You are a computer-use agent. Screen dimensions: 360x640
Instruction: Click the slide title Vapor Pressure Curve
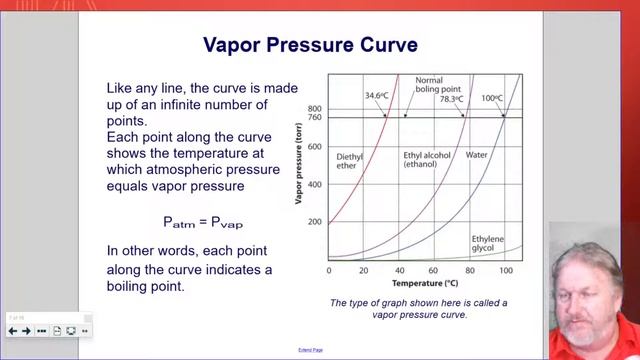tap(310, 45)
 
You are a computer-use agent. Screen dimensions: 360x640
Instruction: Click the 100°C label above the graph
tap(492, 98)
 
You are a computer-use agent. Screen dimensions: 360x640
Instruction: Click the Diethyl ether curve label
tap(349, 161)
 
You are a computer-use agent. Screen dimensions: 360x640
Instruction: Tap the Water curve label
tap(475, 155)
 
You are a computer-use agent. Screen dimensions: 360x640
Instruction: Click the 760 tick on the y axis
tap(316, 117)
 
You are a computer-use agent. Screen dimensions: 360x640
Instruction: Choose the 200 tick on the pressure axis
tap(316, 222)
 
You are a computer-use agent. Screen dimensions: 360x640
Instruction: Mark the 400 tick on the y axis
tap(316, 184)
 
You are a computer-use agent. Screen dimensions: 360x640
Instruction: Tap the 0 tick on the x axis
tap(330, 270)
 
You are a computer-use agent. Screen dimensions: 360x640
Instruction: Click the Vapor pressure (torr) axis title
tap(299, 165)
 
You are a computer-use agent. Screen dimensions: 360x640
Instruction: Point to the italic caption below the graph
tap(418, 308)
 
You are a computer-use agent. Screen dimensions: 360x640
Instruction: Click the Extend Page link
tap(310, 350)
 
